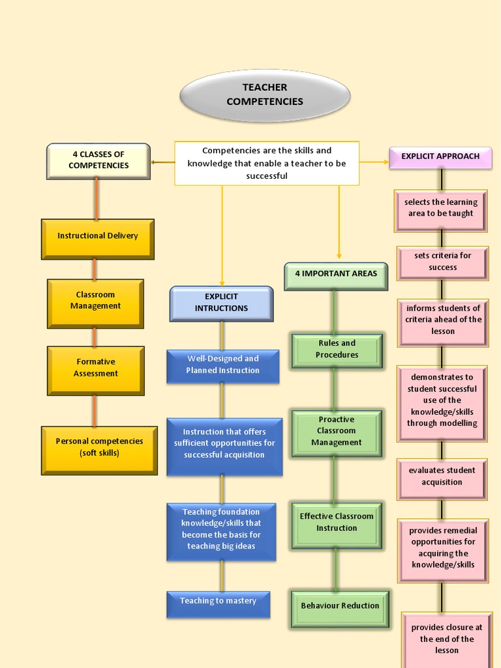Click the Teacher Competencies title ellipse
pyautogui.click(x=265, y=95)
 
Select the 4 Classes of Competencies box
pyautogui.click(x=99, y=160)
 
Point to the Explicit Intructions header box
pyautogui.click(x=221, y=303)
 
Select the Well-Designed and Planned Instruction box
pyautogui.click(x=223, y=366)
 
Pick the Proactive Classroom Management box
pyautogui.click(x=337, y=433)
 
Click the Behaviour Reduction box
pyautogui.click(x=340, y=608)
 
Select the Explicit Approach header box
pyautogui.click(x=440, y=158)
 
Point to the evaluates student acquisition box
pyautogui.click(x=442, y=478)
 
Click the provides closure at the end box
pyautogui.click(x=447, y=640)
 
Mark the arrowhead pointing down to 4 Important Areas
pyautogui.click(x=339, y=256)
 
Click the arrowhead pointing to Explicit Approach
pyautogui.click(x=386, y=161)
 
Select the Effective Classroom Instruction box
pyautogui.click(x=337, y=524)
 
